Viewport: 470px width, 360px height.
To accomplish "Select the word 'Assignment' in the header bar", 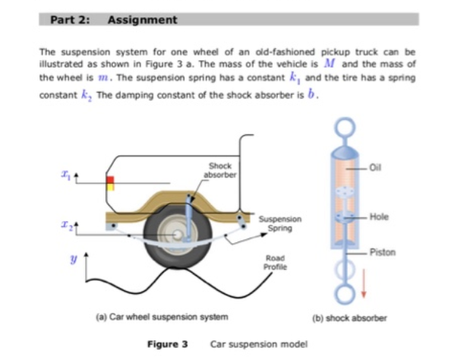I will tap(143, 20).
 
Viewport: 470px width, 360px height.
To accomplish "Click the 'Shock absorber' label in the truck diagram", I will tap(220, 169).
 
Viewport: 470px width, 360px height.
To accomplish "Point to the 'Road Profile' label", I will tap(275, 262).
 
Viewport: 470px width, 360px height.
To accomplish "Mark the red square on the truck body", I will tap(110, 181).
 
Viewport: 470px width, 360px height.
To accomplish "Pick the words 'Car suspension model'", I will tap(258, 344).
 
